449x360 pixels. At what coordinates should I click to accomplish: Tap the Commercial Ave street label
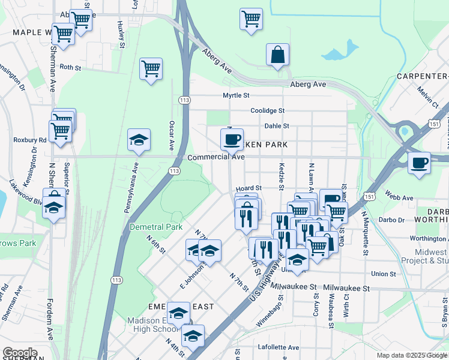point(216,157)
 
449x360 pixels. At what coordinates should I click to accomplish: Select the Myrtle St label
point(236,95)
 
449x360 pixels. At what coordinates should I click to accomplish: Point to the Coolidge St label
point(267,110)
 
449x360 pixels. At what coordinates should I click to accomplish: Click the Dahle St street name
point(277,126)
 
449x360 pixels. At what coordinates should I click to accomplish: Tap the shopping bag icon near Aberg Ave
point(278,55)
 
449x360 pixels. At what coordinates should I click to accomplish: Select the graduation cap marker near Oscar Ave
point(139,141)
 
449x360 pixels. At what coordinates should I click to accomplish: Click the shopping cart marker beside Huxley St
point(151,69)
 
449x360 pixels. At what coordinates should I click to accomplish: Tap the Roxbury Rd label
point(34,140)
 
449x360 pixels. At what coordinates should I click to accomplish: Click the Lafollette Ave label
point(278,347)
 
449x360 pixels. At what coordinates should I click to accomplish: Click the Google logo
point(20,353)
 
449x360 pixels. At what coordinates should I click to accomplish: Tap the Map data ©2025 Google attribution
point(411,355)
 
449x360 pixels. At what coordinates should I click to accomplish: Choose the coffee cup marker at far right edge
point(419,163)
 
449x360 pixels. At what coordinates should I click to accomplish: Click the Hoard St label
point(249,188)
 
